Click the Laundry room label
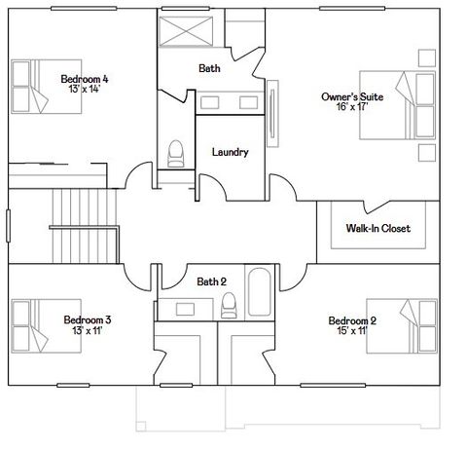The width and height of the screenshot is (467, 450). point(230,152)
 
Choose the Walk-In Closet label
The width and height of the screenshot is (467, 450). point(377,229)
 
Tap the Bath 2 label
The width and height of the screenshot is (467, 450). point(211,281)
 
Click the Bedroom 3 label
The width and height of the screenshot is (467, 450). point(87,319)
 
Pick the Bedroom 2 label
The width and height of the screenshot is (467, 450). point(352,320)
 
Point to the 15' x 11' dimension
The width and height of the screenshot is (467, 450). point(352,331)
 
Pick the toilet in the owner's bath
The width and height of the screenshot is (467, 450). point(176,154)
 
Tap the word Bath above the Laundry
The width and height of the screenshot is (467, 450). point(209,68)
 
